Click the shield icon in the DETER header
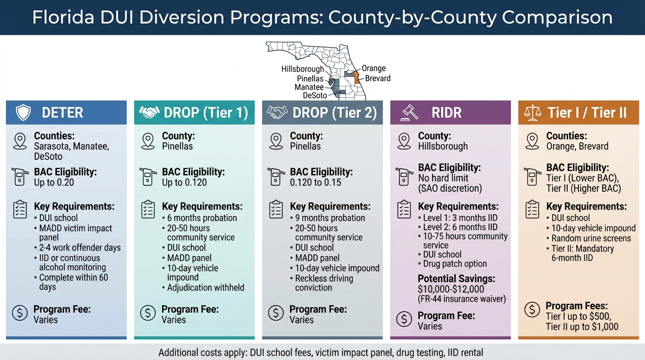23,112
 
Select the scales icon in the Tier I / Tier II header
532,112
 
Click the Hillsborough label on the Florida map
302,69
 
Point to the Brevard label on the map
377,78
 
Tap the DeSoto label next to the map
315,95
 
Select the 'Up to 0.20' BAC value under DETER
54,182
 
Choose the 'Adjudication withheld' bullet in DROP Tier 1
205,287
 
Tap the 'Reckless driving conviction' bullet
323,283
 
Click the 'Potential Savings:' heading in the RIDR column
456,278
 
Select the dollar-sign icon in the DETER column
20,313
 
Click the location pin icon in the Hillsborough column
404,141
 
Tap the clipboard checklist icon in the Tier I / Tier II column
532,210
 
